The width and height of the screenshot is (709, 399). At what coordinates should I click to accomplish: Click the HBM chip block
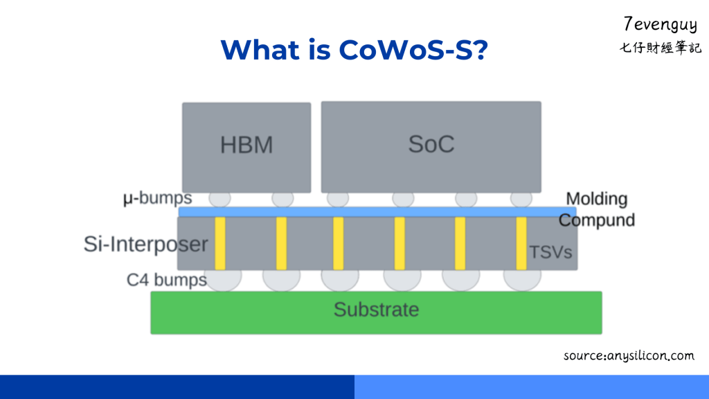(246, 147)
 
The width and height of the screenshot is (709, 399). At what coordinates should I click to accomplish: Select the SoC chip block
(431, 146)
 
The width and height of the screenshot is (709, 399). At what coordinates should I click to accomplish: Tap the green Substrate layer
(376, 312)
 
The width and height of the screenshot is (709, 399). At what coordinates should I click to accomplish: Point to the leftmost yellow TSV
(220, 243)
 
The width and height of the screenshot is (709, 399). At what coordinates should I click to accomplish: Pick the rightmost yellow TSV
(521, 243)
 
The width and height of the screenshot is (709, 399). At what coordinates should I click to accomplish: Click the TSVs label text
(551, 252)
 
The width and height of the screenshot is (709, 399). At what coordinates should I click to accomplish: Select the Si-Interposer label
(145, 244)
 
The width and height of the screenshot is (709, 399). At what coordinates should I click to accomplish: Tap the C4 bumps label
(166, 280)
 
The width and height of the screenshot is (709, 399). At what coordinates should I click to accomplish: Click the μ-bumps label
(157, 199)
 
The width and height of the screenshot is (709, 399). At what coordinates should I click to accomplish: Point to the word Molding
(596, 199)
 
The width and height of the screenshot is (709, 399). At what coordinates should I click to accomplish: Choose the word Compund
(597, 220)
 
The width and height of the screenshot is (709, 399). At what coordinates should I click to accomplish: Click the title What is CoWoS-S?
(354, 50)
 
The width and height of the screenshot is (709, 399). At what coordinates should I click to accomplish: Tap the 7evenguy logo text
(660, 25)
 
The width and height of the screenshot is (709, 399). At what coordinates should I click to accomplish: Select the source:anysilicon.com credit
(628, 355)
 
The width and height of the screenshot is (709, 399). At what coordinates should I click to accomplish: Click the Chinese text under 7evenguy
(660, 48)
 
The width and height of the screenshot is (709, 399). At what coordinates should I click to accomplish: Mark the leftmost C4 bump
(222, 278)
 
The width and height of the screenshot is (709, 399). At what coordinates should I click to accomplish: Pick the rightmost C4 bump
(522, 278)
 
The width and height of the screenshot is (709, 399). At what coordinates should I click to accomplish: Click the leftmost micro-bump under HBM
(219, 198)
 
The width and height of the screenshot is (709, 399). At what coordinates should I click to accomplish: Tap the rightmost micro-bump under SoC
(521, 198)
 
